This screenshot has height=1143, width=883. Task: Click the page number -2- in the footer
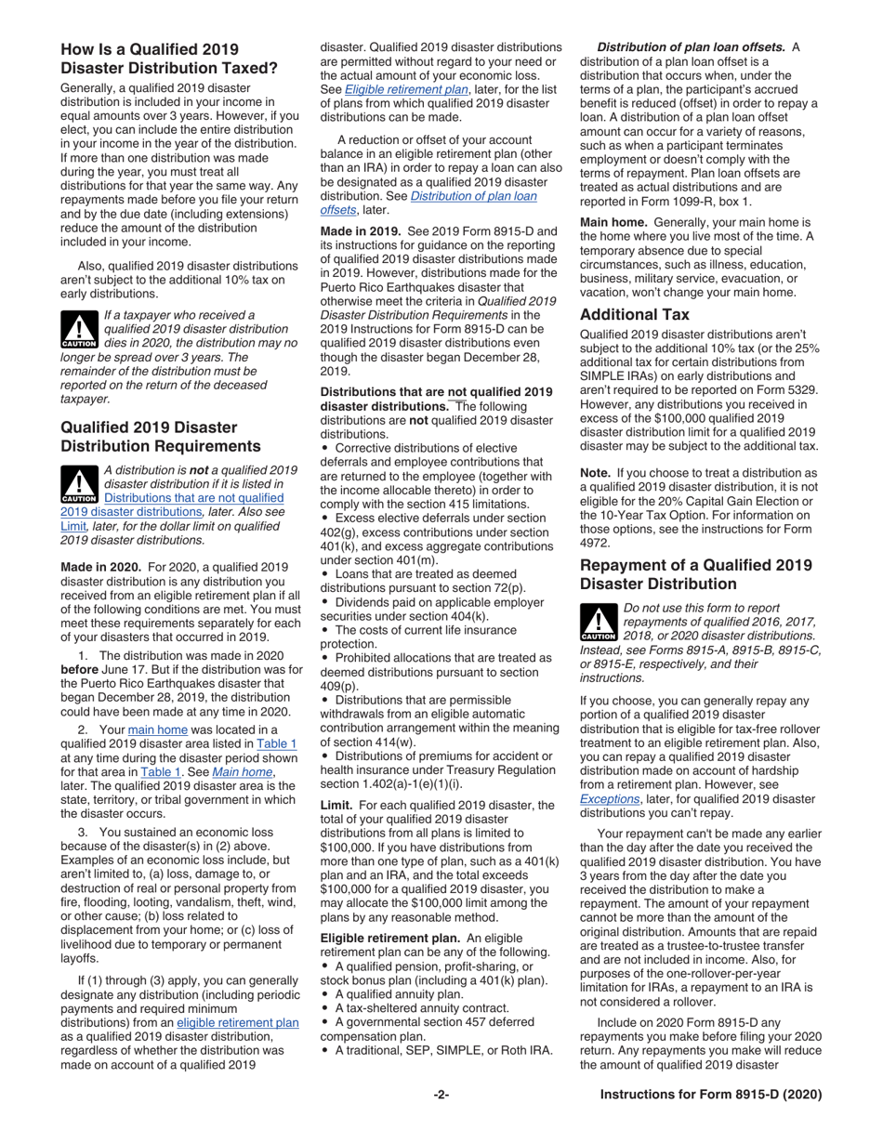tap(441, 1095)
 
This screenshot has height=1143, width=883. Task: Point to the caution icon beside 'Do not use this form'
tap(598, 623)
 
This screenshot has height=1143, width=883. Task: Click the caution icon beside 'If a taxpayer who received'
tap(78, 328)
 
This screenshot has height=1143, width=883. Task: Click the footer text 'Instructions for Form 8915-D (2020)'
tap(711, 1095)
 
